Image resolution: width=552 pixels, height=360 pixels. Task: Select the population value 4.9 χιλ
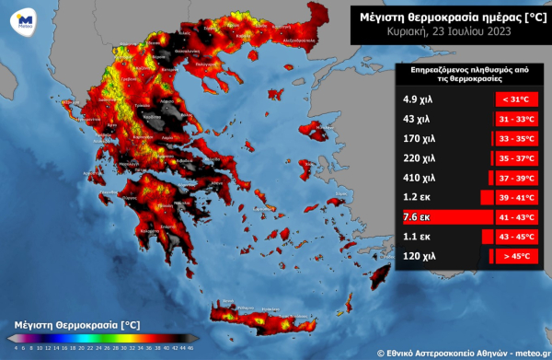pyautogui.click(x=418, y=99)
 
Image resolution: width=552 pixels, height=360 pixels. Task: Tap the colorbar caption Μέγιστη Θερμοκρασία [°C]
pyautogui.click(x=77, y=325)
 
